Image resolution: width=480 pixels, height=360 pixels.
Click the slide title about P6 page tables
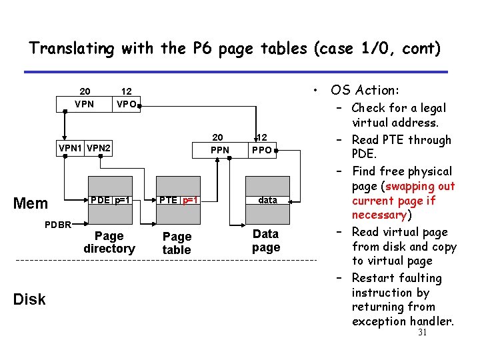(235, 48)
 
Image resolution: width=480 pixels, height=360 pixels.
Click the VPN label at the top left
(85, 104)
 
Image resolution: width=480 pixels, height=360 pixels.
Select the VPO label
(126, 104)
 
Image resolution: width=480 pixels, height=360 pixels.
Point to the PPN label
(219, 150)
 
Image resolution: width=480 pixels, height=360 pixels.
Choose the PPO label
(262, 150)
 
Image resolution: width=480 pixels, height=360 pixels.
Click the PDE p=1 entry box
(109, 200)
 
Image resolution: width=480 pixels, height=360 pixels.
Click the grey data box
(267, 200)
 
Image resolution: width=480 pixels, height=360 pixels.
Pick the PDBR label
(58, 224)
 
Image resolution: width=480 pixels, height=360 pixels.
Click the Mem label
(31, 203)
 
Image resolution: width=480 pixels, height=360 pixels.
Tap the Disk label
(29, 299)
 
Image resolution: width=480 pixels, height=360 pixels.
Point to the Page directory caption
(109, 242)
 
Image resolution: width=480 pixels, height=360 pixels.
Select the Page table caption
(177, 243)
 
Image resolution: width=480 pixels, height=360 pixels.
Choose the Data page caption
(266, 241)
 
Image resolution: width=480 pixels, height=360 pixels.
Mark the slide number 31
(421, 333)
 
